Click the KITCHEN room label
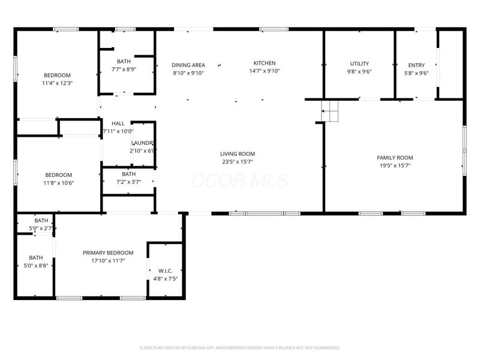click(x=264, y=63)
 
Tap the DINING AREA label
click(x=188, y=65)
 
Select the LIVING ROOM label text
click(x=238, y=154)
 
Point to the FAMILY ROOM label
click(x=395, y=158)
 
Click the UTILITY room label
click(x=359, y=64)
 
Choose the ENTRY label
click(x=416, y=65)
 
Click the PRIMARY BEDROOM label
click(x=108, y=253)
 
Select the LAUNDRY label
click(x=143, y=143)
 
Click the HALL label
click(x=118, y=123)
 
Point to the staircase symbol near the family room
click(x=329, y=110)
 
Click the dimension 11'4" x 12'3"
click(x=57, y=83)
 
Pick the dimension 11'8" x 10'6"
click(x=59, y=183)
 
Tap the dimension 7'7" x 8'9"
click(x=124, y=69)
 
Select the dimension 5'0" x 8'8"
click(x=35, y=266)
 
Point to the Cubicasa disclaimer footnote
click(x=240, y=347)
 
